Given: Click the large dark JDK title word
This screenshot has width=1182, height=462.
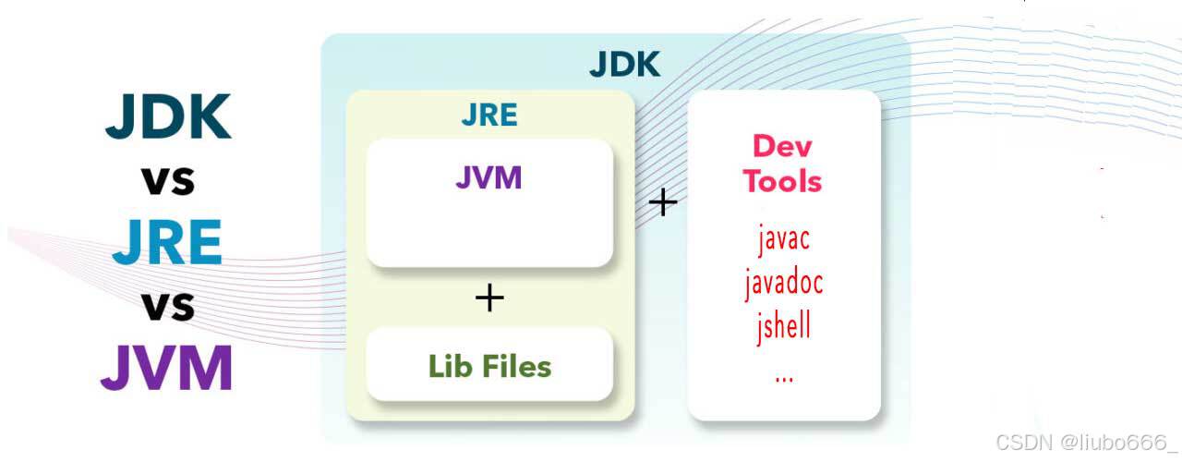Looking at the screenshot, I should [x=168, y=117].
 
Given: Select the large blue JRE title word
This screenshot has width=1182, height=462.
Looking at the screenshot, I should [x=167, y=241].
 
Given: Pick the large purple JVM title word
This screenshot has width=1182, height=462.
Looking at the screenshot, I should [x=167, y=367].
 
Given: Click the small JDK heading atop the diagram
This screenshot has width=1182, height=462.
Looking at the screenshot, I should [x=624, y=65].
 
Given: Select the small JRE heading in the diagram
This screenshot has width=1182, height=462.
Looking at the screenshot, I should [x=489, y=115].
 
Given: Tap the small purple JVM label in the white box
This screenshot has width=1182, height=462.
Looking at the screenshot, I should [x=488, y=176].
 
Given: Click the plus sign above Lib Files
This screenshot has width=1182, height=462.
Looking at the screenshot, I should [x=489, y=298].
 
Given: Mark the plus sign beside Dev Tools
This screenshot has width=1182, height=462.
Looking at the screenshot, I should [x=662, y=202].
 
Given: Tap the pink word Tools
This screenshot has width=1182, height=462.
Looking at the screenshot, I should [x=783, y=181].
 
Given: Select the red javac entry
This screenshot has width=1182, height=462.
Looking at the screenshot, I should [x=783, y=238].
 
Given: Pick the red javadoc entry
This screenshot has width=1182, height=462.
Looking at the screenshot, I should [x=784, y=282].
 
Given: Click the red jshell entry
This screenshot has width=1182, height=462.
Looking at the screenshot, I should [x=784, y=325].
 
